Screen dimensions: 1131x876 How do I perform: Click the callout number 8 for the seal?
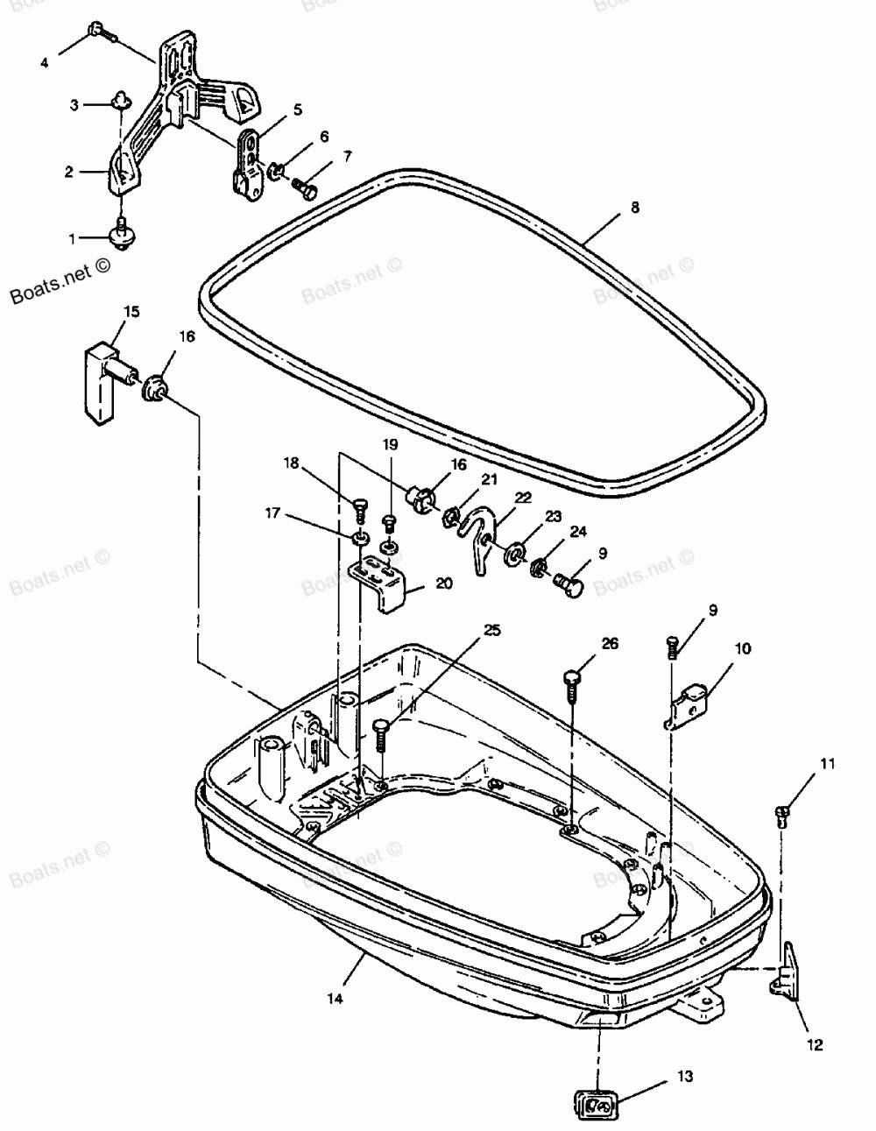tap(635, 208)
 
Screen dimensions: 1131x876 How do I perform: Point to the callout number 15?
tap(131, 311)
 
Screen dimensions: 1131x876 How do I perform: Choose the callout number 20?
tap(444, 582)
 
